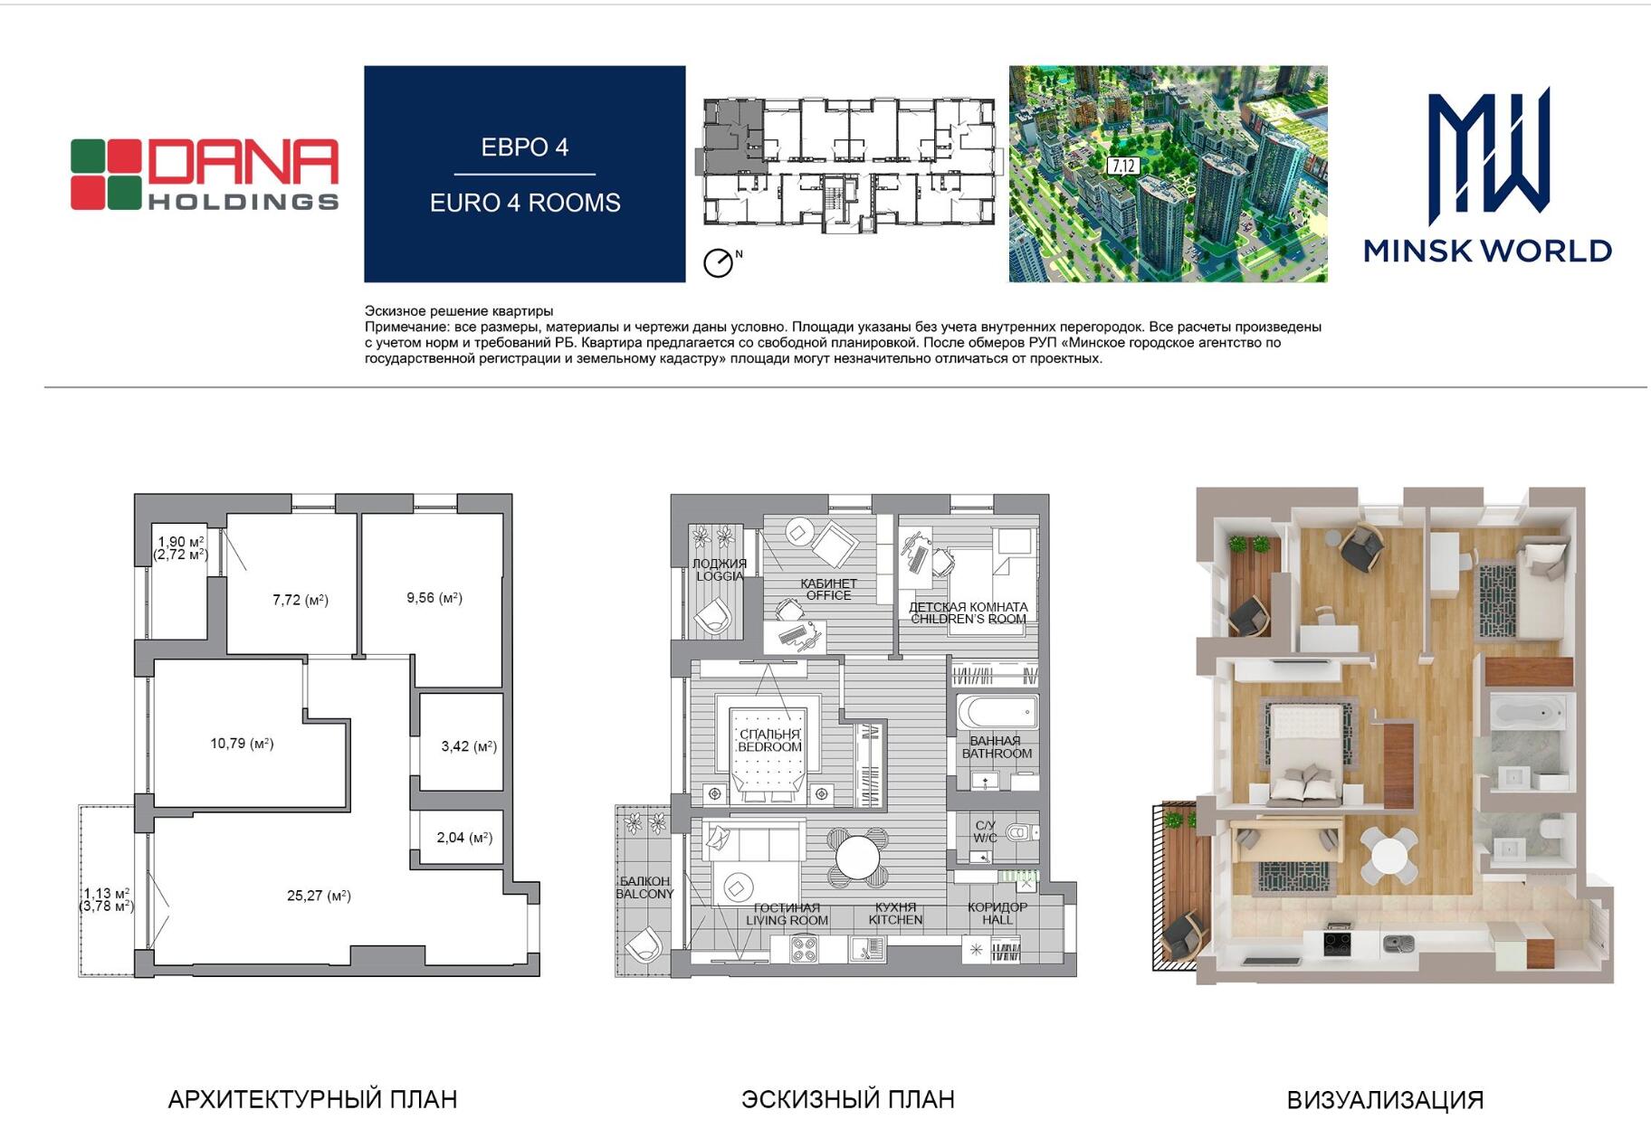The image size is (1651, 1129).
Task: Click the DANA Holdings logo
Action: (205, 175)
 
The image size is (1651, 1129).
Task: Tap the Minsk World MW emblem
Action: (1489, 156)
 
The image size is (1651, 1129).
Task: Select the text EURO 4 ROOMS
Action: (525, 203)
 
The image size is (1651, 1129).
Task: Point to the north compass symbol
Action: (719, 262)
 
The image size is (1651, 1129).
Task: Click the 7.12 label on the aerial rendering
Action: (1123, 166)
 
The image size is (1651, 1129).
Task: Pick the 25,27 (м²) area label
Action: (319, 896)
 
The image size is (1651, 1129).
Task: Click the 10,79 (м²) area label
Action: (242, 744)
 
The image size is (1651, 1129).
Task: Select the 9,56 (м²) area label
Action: (434, 598)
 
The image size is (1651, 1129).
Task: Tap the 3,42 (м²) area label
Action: (469, 746)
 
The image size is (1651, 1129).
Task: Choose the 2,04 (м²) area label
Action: (464, 838)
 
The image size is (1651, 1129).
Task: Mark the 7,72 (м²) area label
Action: (301, 600)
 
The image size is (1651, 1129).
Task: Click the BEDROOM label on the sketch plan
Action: (769, 747)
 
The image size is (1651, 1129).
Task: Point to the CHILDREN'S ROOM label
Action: (969, 620)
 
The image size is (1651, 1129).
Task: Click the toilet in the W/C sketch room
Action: (1020, 832)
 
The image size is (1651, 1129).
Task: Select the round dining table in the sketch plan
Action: (857, 856)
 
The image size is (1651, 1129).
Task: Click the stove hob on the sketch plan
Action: (804, 949)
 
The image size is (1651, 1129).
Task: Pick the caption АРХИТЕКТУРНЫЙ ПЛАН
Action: (312, 1099)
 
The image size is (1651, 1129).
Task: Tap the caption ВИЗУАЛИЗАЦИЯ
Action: (1385, 1100)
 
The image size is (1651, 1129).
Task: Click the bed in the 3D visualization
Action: (1304, 751)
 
